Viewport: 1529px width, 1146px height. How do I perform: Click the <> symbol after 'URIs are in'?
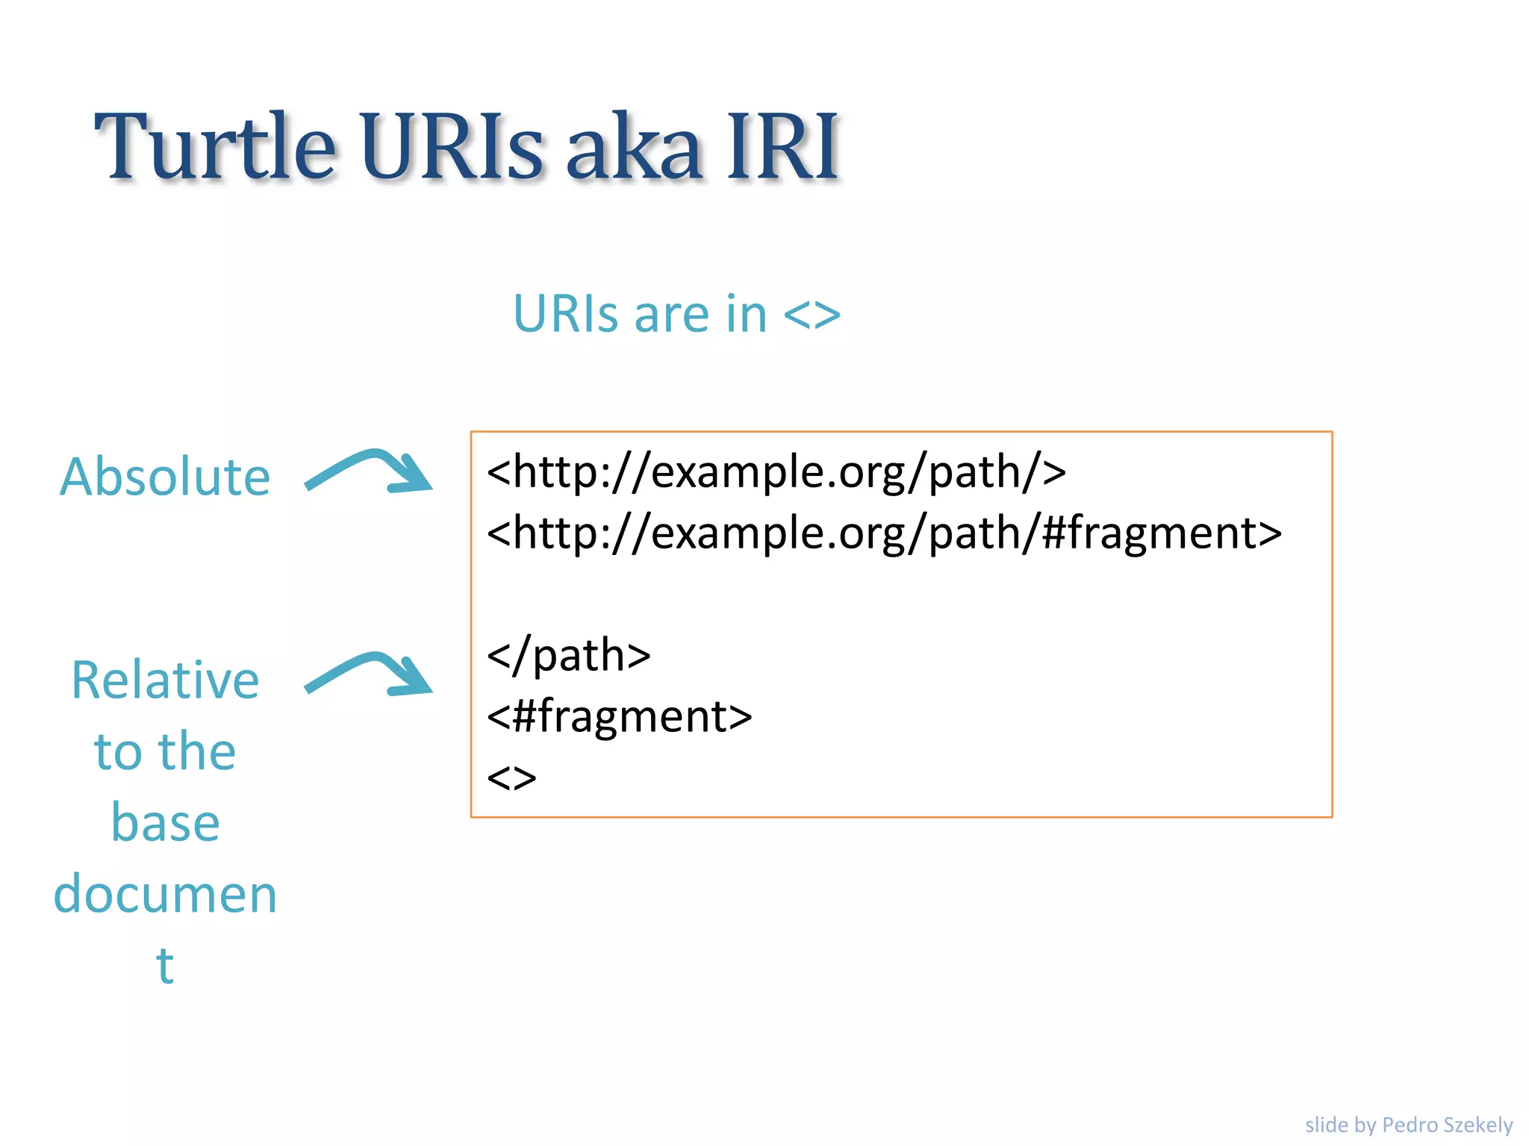812,315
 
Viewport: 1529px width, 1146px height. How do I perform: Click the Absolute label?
165,477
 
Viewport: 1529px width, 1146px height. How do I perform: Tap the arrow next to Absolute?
370,472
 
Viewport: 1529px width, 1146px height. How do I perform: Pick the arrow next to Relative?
370,674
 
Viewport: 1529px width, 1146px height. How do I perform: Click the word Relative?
165,680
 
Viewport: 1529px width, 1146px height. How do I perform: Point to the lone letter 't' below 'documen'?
165,965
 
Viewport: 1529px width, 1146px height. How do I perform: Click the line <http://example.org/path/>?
776,472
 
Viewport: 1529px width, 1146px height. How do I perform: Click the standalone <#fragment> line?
620,717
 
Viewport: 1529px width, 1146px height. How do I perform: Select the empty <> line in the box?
512,778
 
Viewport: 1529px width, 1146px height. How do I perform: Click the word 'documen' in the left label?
165,894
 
